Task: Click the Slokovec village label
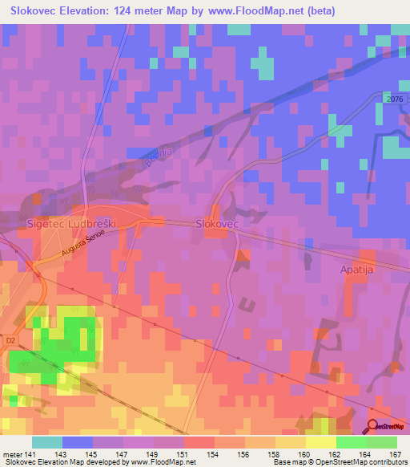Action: pos(218,226)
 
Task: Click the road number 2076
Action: pos(391,98)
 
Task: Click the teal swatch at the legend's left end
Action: pos(47,442)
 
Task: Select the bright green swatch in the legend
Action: pos(351,442)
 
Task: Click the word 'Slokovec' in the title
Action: pos(37,11)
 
